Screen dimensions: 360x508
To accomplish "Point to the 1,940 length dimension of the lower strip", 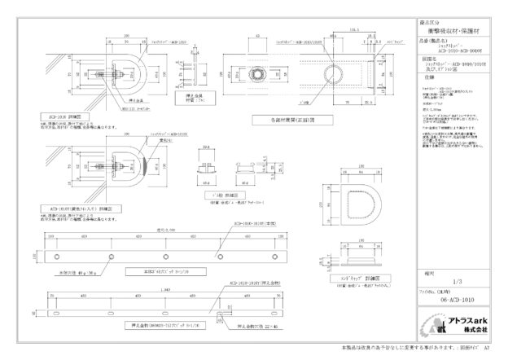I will [x=166, y=291].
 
